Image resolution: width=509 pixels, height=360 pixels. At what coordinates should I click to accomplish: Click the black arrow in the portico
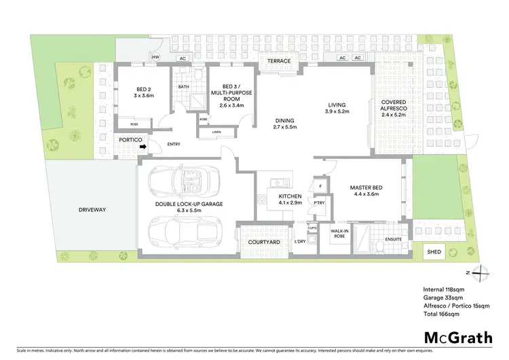click(143, 145)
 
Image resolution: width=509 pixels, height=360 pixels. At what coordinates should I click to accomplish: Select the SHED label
click(434, 252)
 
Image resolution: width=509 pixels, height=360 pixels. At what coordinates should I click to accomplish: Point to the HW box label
click(155, 58)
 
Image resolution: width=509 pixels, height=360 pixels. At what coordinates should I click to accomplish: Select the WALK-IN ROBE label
click(339, 234)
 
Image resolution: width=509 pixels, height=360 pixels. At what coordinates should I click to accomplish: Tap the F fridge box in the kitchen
click(319, 185)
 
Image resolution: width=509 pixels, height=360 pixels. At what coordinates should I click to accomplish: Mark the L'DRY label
click(299, 242)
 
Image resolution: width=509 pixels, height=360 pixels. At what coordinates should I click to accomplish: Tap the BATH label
click(183, 87)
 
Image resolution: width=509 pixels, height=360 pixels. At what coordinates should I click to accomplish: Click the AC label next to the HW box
click(182, 58)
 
